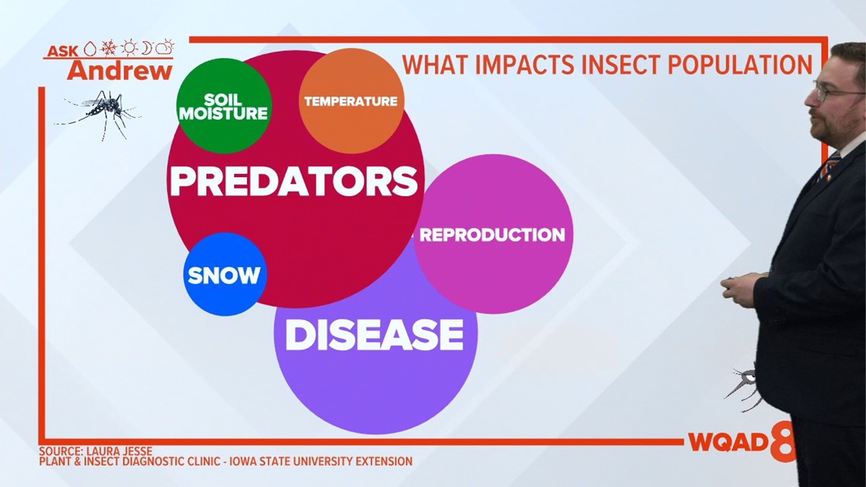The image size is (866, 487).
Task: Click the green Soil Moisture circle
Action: (224, 106)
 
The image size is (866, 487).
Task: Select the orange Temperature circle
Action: (351, 101)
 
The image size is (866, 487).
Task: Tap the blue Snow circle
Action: (225, 274)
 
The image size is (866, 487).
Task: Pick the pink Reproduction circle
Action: (493, 234)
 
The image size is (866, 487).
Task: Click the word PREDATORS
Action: (294, 181)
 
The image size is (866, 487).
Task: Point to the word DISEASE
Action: (375, 334)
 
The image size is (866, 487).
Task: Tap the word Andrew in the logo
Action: (120, 70)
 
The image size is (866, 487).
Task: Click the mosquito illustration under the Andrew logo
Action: (98, 112)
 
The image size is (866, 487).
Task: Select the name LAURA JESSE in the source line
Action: (119, 451)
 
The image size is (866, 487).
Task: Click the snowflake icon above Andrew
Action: (108, 48)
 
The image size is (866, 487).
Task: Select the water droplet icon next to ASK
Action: (90, 49)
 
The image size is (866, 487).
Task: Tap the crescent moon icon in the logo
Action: (147, 48)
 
